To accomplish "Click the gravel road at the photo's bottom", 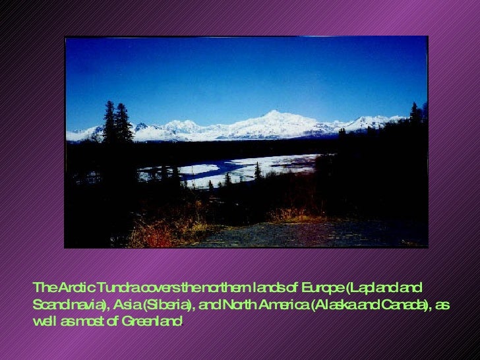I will click(297, 234).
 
